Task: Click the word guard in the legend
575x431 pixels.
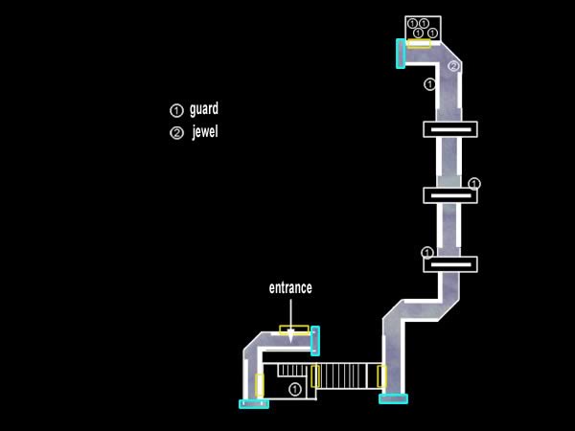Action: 205,109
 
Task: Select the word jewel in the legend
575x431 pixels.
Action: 205,132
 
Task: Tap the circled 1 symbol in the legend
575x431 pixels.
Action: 175,110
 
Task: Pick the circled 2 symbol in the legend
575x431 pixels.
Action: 175,133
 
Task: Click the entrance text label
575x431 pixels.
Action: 289,287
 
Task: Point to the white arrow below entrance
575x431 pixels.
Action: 290,321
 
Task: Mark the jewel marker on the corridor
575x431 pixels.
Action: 453,66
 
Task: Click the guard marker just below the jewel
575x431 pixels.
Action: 429,84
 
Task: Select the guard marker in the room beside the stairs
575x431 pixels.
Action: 295,388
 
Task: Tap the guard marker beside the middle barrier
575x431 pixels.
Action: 474,183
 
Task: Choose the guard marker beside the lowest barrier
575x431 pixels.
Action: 427,253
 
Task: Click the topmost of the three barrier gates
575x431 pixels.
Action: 449,128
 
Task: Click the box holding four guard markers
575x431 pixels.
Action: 423,28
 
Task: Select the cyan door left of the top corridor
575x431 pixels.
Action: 401,53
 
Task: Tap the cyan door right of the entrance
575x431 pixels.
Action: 315,340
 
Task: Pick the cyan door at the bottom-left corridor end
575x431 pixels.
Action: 254,404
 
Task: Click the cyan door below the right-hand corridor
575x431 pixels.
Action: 394,398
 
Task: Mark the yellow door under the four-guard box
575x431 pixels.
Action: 419,43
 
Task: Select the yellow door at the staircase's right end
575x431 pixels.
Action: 380,375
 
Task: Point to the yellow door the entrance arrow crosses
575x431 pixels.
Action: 294,330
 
